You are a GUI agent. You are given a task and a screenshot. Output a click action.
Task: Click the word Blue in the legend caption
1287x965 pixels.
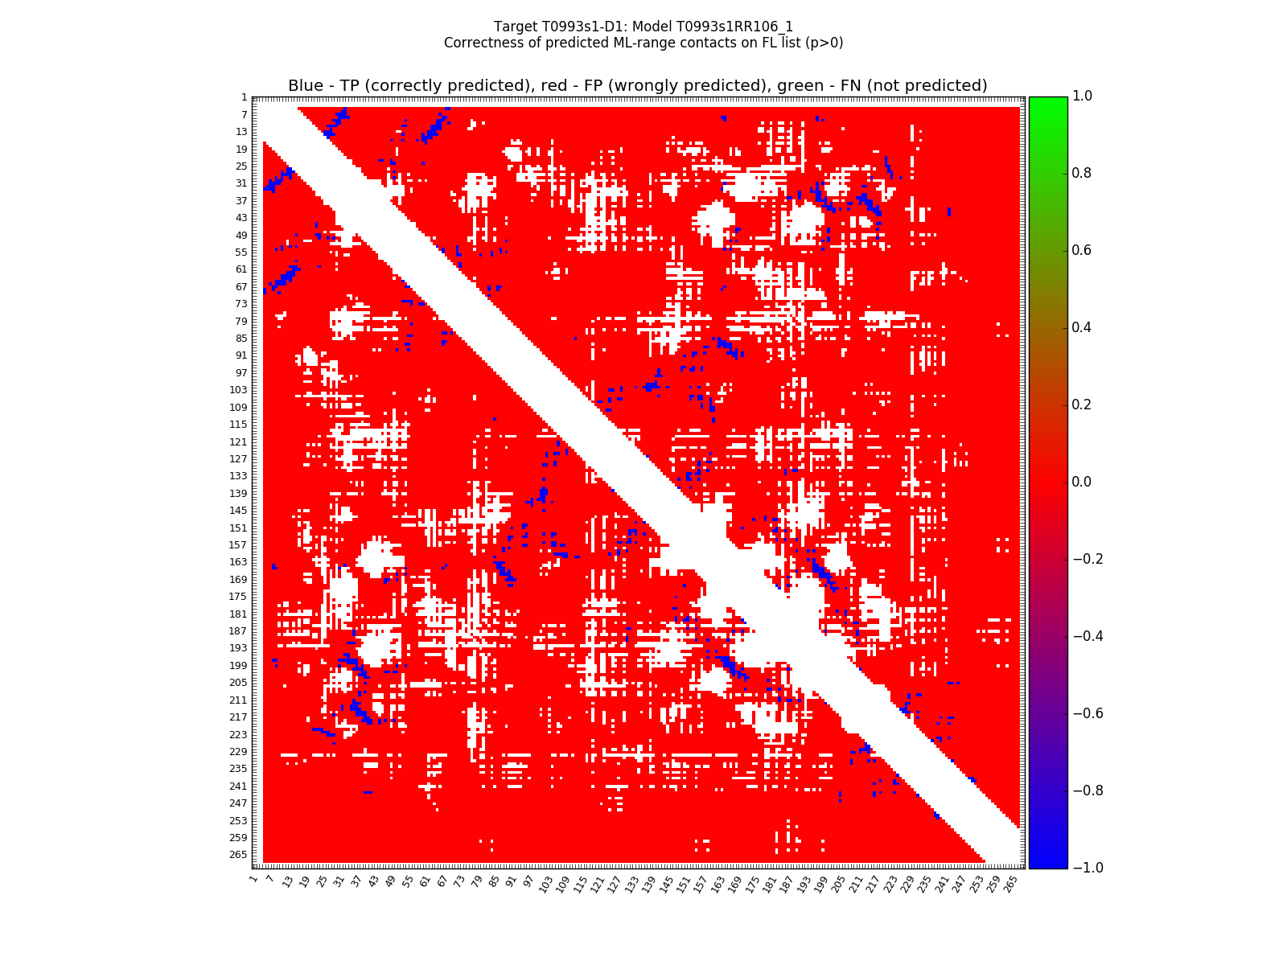[x=306, y=86]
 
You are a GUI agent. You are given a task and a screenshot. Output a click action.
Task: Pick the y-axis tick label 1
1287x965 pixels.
[x=244, y=97]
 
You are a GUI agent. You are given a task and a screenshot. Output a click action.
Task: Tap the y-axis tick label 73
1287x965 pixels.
[x=241, y=304]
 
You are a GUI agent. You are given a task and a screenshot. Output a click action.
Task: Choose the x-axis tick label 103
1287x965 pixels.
[x=545, y=885]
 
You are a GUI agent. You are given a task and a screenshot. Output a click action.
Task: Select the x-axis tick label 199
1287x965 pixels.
[x=820, y=885]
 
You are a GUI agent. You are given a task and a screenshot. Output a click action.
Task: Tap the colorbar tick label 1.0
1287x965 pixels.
[x=1083, y=96]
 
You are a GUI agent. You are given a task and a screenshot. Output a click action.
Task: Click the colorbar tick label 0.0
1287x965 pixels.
[x=1083, y=482]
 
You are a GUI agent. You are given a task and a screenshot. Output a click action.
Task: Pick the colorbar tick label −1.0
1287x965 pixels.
[x=1087, y=868]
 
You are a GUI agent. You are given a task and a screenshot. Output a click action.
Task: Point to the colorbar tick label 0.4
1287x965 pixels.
[x=1083, y=327]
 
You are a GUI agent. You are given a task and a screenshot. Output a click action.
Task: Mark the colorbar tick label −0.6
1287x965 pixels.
[x=1087, y=713]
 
